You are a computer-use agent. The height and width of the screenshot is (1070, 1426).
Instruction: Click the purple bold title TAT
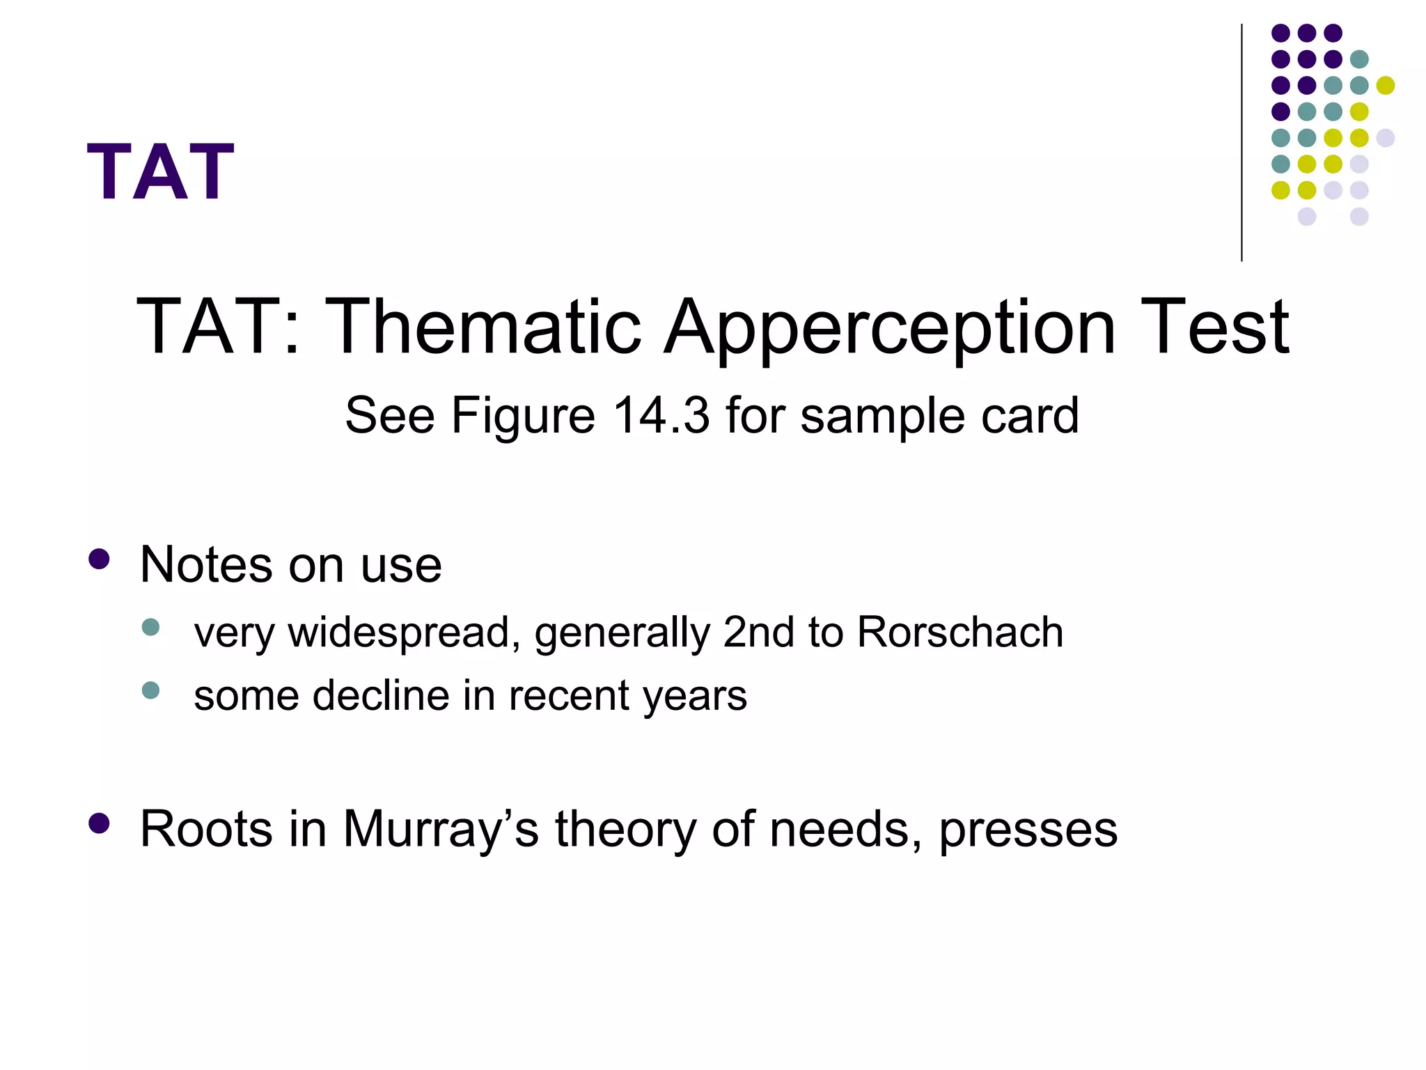point(161,171)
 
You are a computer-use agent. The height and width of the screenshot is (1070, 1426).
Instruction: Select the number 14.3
point(661,415)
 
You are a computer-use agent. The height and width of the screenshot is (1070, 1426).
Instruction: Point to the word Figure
point(522,417)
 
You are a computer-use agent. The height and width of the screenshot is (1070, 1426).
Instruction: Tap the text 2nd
point(759,632)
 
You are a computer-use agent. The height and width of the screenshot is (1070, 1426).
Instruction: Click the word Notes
point(207,564)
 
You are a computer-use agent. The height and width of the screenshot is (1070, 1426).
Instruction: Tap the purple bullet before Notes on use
point(100,559)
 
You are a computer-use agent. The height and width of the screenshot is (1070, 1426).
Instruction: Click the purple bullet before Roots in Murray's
point(100,823)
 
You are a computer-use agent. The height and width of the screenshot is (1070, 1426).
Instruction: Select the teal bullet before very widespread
point(150,627)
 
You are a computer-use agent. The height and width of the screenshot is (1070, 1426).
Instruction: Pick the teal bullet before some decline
point(150,690)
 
